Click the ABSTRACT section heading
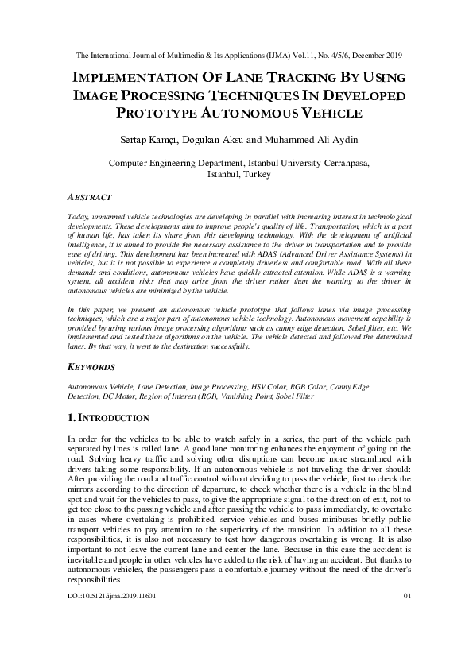[90, 196]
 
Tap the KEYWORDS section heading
[91, 368]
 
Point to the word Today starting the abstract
[79, 216]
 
